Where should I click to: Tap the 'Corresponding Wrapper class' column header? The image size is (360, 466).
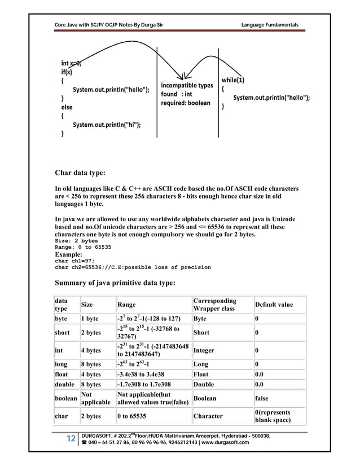pyautogui.click(x=215, y=305)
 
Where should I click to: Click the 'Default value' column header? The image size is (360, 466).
pyautogui.click(x=274, y=305)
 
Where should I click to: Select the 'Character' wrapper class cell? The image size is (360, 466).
pyautogui.click(x=210, y=416)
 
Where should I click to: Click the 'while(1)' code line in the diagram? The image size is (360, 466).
pyautogui.click(x=236, y=79)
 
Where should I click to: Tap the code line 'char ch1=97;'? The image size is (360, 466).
pyautogui.click(x=71, y=261)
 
